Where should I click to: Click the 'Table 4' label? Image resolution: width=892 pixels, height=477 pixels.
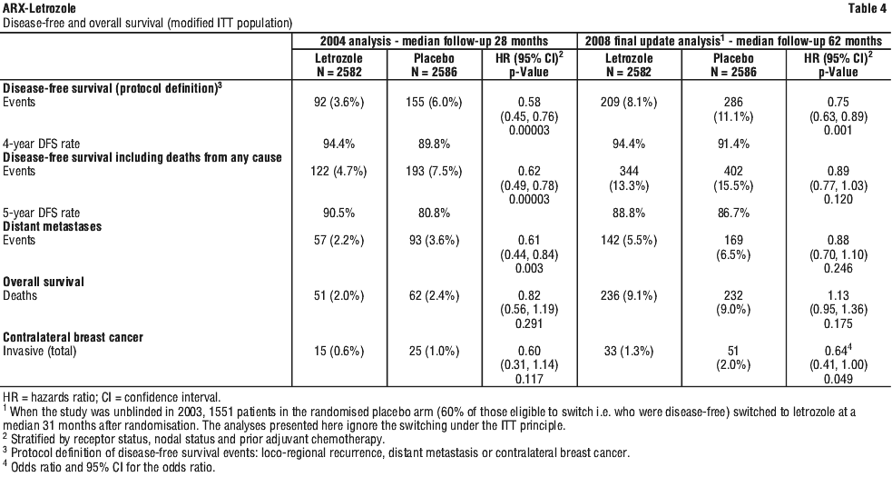(867, 8)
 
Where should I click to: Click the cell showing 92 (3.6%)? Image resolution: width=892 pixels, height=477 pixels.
(339, 103)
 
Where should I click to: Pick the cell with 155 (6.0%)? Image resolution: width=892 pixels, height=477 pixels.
(434, 103)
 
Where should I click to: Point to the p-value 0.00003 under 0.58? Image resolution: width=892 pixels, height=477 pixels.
(529, 131)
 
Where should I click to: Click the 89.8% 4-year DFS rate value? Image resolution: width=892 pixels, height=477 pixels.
(434, 144)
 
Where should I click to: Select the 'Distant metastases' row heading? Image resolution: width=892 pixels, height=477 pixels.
(53, 226)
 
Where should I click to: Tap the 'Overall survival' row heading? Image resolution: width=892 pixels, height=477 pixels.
(44, 282)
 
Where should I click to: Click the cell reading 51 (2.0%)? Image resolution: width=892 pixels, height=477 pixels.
(339, 296)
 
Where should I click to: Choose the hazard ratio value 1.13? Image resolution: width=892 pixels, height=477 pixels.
(839, 296)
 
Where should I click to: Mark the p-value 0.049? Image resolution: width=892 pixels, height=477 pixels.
(839, 379)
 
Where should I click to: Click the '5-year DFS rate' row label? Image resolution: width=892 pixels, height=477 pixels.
(42, 214)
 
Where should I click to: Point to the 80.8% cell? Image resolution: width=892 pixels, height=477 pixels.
(434, 214)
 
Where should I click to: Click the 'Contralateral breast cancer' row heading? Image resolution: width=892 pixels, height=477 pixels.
(74, 337)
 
